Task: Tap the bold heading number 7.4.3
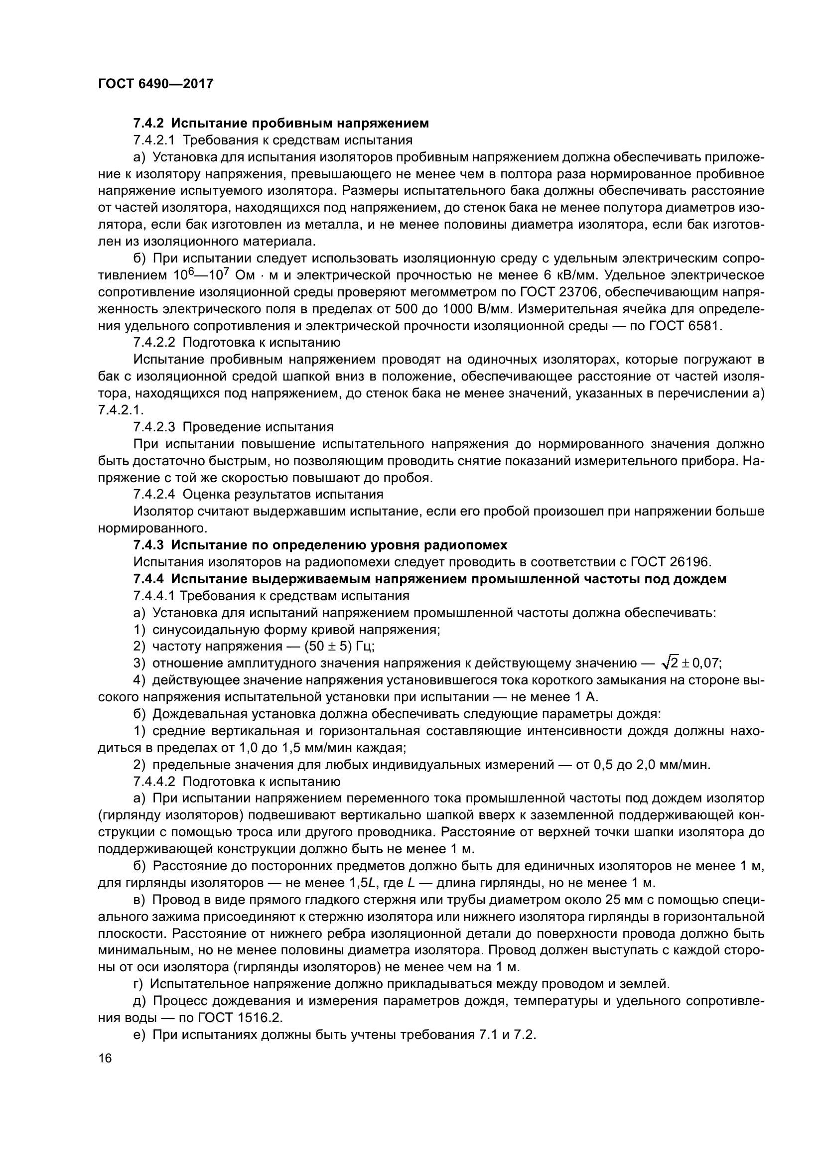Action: [x=149, y=545]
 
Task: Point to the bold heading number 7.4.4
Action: [x=149, y=579]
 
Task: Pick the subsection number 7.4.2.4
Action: [x=155, y=494]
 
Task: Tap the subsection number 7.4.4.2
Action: [x=155, y=781]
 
